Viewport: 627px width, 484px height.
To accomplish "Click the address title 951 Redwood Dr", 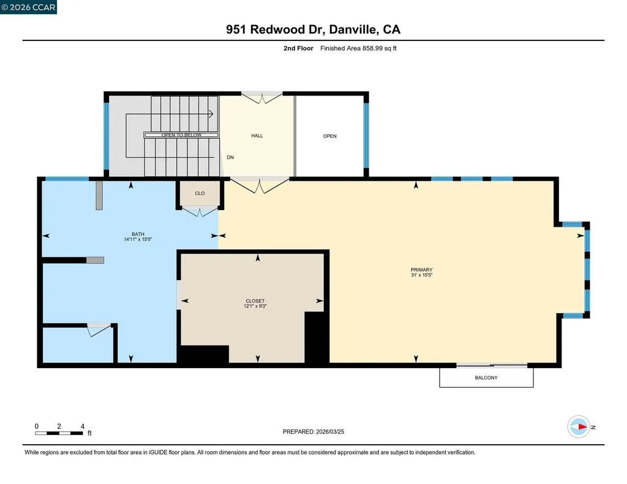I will tap(313, 29).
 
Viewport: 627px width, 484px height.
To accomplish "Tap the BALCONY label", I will tap(486, 378).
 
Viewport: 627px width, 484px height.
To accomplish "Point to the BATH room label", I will tap(138, 237).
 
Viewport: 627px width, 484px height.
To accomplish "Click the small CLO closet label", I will tap(200, 194).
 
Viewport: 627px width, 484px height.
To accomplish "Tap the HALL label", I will tap(257, 136).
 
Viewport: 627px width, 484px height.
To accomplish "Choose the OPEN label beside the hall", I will tap(329, 136).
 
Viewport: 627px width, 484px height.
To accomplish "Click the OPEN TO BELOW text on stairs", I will tap(181, 135).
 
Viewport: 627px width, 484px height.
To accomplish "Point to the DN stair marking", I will tap(230, 157).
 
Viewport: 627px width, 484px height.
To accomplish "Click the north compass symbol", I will tap(579, 427).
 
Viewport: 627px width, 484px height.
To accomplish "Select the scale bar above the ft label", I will tap(59, 433).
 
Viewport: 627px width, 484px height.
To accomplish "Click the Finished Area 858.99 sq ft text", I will tap(358, 48).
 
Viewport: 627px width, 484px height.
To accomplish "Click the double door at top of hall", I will tap(261, 97).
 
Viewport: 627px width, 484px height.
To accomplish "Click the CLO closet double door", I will tap(201, 211).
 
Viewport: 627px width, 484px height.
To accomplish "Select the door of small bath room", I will tap(97, 329).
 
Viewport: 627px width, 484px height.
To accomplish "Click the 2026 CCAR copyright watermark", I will tap(28, 7).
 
